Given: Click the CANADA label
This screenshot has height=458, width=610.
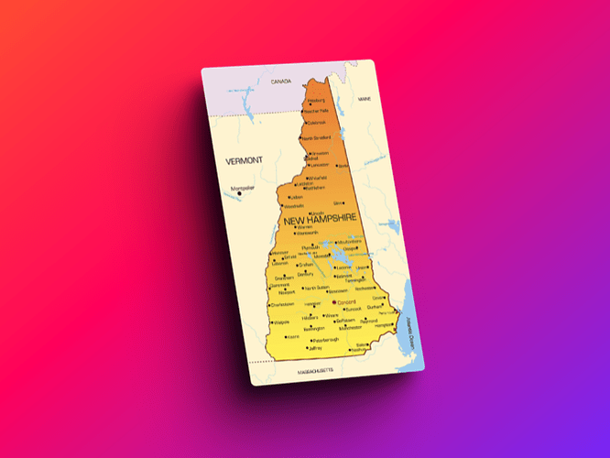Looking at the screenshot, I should click(280, 82).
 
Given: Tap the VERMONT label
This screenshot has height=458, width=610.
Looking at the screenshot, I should click(244, 160).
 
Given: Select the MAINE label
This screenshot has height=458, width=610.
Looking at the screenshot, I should click(365, 98).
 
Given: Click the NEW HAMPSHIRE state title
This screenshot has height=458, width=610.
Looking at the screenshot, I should click(321, 221).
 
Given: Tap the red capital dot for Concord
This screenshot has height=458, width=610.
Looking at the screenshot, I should click(334, 301).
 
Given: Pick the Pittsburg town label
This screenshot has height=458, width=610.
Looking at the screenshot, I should click(317, 100).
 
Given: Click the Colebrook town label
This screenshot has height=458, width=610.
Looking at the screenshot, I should click(317, 123).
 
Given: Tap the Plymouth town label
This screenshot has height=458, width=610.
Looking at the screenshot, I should click(311, 246).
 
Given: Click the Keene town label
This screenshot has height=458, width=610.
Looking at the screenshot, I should click(295, 336).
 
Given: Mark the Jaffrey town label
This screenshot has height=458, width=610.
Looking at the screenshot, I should click(316, 348).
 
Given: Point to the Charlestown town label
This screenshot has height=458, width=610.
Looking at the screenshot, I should click(282, 304).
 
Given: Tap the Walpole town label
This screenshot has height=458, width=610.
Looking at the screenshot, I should click(281, 322).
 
